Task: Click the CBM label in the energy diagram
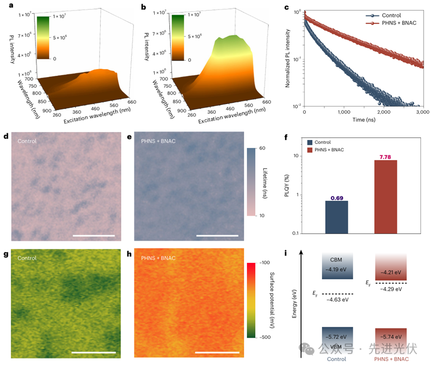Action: tap(337, 260)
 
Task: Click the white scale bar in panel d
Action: tap(94, 236)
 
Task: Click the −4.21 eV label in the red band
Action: tap(391, 272)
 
